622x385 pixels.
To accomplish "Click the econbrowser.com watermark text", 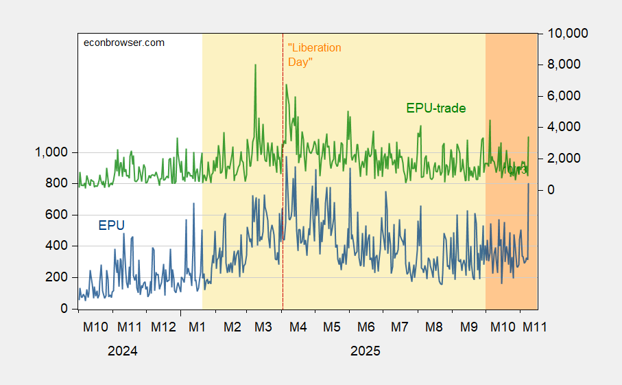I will coord(124,43).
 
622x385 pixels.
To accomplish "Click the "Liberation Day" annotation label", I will coord(314,55).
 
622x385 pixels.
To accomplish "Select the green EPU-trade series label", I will coord(436,108).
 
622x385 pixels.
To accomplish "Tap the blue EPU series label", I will coord(112,225).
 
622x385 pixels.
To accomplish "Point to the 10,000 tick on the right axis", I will coord(566,33).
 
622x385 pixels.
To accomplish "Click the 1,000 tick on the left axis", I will coord(51,152).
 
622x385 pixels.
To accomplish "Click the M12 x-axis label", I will coord(163,327).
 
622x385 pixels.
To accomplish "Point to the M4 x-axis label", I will coord(298,327).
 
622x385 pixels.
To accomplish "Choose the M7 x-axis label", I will coord(400,327).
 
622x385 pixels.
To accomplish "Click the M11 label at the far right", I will coord(535,327).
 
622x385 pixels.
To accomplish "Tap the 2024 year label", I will coord(123,351).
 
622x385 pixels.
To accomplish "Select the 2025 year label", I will coord(365,351).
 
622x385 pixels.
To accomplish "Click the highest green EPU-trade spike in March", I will coord(255,65).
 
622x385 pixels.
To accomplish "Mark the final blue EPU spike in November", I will coord(529,184).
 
